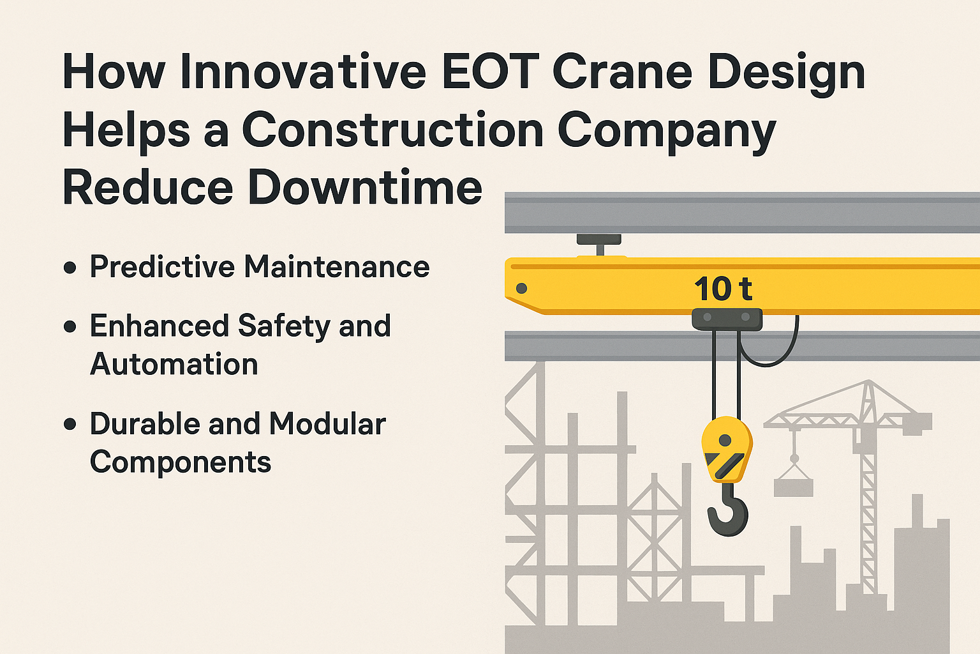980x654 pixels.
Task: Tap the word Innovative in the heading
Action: coord(303,72)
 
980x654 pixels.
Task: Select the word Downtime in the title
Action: coord(364,188)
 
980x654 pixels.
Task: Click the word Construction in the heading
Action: coord(392,130)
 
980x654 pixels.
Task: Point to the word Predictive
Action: coord(162,267)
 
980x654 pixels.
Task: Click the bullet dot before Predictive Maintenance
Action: coord(70,268)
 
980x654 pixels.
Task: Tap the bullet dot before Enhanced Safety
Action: coord(70,327)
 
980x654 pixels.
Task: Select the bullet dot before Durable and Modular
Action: coord(70,424)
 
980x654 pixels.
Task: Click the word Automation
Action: coord(174,365)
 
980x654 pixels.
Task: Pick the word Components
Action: coord(181,462)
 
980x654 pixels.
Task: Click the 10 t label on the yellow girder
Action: coord(723,289)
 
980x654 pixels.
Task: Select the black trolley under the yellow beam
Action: coord(727,318)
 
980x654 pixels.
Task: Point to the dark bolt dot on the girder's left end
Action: coord(521,288)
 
